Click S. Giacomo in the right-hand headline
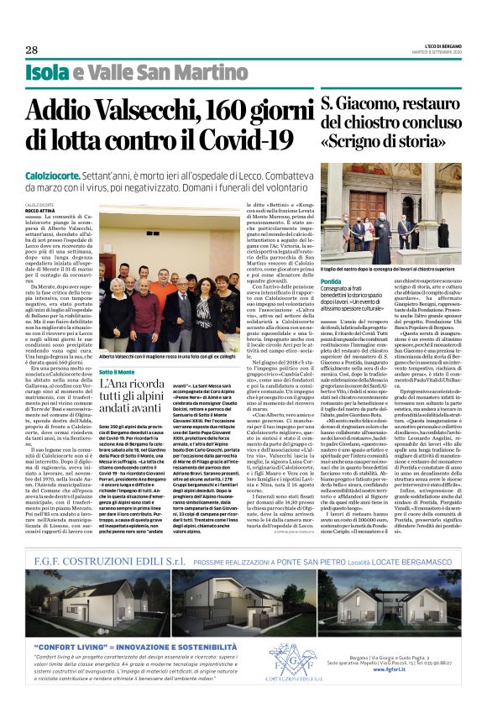coord(335,107)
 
